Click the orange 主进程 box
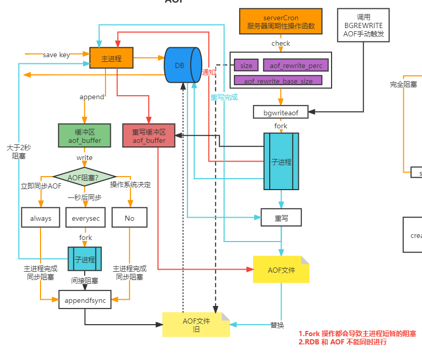(x=111, y=58)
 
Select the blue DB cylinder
(x=182, y=65)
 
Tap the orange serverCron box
(x=281, y=21)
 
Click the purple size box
(x=246, y=65)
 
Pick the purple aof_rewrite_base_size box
(x=278, y=81)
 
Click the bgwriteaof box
(x=281, y=111)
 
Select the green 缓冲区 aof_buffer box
(x=84, y=135)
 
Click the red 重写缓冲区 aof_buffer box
(x=149, y=135)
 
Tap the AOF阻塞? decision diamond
(x=84, y=177)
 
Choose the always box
(x=41, y=218)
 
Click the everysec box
(x=86, y=218)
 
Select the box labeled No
(x=129, y=218)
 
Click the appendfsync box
(x=85, y=300)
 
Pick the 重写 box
(x=281, y=218)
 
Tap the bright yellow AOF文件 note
(x=281, y=270)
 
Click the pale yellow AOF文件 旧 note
(x=195, y=325)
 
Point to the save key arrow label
(x=57, y=55)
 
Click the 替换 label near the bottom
(x=277, y=325)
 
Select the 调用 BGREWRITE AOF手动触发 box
(x=363, y=24)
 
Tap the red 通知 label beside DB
(x=208, y=72)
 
